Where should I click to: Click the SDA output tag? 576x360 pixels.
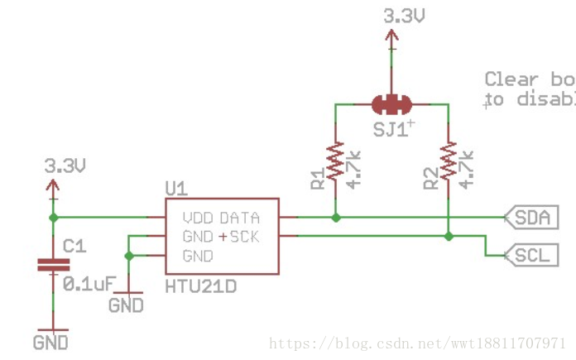point(528,218)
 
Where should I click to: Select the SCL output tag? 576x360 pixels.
point(528,255)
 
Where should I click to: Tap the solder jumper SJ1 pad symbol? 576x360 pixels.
point(391,104)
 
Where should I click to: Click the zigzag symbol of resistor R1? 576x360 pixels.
point(336,161)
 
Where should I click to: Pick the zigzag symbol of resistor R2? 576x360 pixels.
point(448,161)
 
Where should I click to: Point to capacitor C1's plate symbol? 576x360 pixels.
point(55,266)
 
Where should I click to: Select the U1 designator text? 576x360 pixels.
point(176,189)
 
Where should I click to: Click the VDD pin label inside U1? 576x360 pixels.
point(198,218)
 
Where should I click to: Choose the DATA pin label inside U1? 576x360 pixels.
point(240,218)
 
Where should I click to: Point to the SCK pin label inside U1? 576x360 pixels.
point(245,238)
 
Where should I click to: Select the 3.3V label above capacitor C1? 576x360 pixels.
point(65,166)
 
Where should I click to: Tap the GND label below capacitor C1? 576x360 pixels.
point(50,340)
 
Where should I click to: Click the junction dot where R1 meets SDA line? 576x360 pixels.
point(336,218)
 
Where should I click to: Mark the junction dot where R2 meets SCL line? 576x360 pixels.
point(448,237)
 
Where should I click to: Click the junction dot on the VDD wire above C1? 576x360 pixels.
point(55,218)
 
